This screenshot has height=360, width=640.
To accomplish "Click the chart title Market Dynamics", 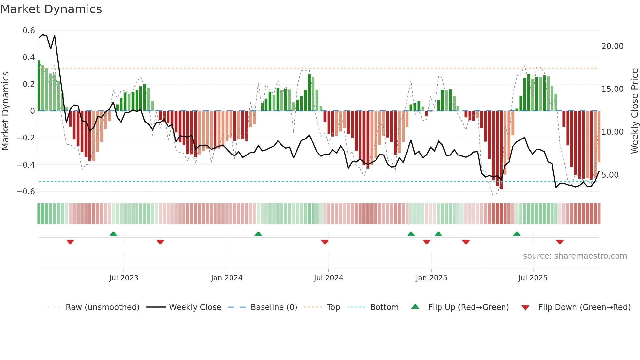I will click(x=51, y=9).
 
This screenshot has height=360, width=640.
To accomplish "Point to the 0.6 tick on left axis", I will click(x=29, y=31).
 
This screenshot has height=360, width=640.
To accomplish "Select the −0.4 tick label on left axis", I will click(x=26, y=165).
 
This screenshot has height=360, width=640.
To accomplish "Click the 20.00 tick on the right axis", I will click(x=612, y=46).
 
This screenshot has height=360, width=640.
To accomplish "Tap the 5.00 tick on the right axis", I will click(x=610, y=175).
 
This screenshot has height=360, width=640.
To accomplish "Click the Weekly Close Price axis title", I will click(x=634, y=111).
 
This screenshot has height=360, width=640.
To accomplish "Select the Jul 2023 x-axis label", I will click(x=124, y=278).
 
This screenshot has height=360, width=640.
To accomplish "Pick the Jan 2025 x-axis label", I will click(x=431, y=278).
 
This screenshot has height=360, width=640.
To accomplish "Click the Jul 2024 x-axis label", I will click(x=328, y=278).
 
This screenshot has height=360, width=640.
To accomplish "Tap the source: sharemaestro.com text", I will click(x=575, y=256).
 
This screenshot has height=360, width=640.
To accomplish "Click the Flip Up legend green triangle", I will click(x=415, y=307).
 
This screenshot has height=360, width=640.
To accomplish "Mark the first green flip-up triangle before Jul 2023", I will click(x=113, y=234).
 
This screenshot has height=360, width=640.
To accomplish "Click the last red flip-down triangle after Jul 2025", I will click(x=560, y=242).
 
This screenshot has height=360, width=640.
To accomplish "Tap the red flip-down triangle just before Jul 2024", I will click(x=325, y=242).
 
